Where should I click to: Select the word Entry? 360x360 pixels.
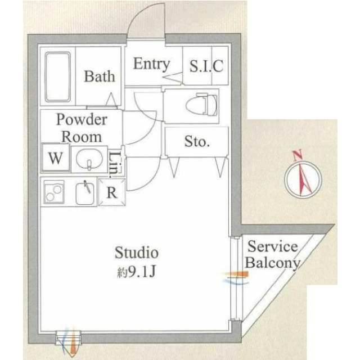(151, 64)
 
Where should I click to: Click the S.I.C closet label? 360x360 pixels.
(206, 67)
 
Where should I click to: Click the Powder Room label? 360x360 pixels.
(82, 128)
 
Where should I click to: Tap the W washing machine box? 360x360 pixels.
(55, 158)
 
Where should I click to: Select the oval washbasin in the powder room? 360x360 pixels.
(89, 159)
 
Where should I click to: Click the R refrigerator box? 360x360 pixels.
(112, 192)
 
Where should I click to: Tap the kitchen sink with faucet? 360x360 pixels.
(86, 193)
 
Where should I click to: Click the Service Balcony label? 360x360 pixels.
(272, 254)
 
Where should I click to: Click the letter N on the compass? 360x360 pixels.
(298, 155)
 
